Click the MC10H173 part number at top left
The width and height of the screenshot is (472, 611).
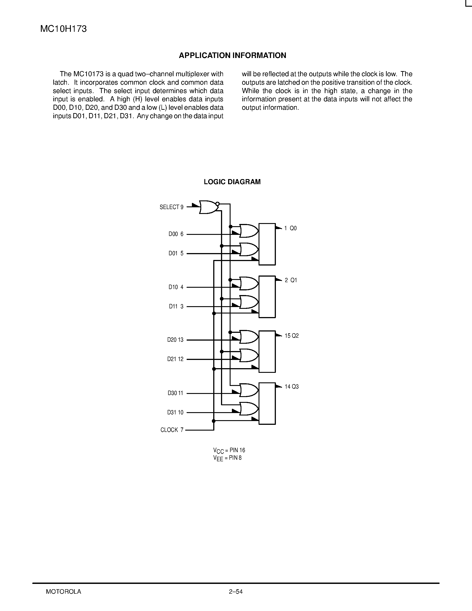click(x=64, y=29)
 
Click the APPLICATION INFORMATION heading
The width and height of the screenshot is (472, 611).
click(x=232, y=55)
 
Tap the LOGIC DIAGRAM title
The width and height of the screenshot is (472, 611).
click(x=232, y=182)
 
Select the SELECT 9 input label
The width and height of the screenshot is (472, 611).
click(x=171, y=207)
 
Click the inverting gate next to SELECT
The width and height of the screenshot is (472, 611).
click(x=209, y=207)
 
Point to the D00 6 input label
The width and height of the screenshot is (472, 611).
click(x=176, y=234)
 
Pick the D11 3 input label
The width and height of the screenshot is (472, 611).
click(x=176, y=307)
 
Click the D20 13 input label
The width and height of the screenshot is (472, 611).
click(x=175, y=340)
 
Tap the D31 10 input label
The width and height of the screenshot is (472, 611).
click(x=175, y=412)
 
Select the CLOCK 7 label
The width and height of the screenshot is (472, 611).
click(x=172, y=430)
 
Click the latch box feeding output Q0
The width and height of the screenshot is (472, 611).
click(x=267, y=244)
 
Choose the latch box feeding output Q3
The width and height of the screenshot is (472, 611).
click(x=267, y=403)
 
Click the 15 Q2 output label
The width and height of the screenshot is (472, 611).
click(x=291, y=336)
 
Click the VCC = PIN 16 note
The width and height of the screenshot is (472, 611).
click(x=229, y=450)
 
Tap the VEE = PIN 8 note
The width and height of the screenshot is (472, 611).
click(x=227, y=458)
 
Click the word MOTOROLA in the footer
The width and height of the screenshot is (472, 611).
click(x=64, y=592)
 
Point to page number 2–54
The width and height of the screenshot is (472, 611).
click(x=236, y=592)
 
